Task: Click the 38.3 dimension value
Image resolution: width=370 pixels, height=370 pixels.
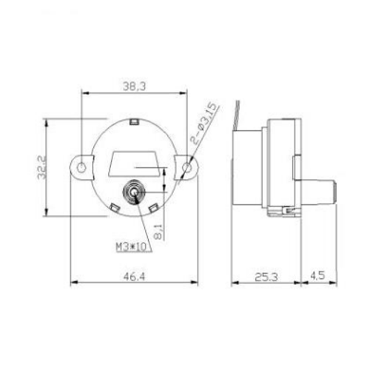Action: coord(135,86)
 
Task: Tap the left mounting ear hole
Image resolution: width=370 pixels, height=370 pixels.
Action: coord(82,168)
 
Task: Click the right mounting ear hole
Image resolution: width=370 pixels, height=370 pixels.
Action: coord(188,168)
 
